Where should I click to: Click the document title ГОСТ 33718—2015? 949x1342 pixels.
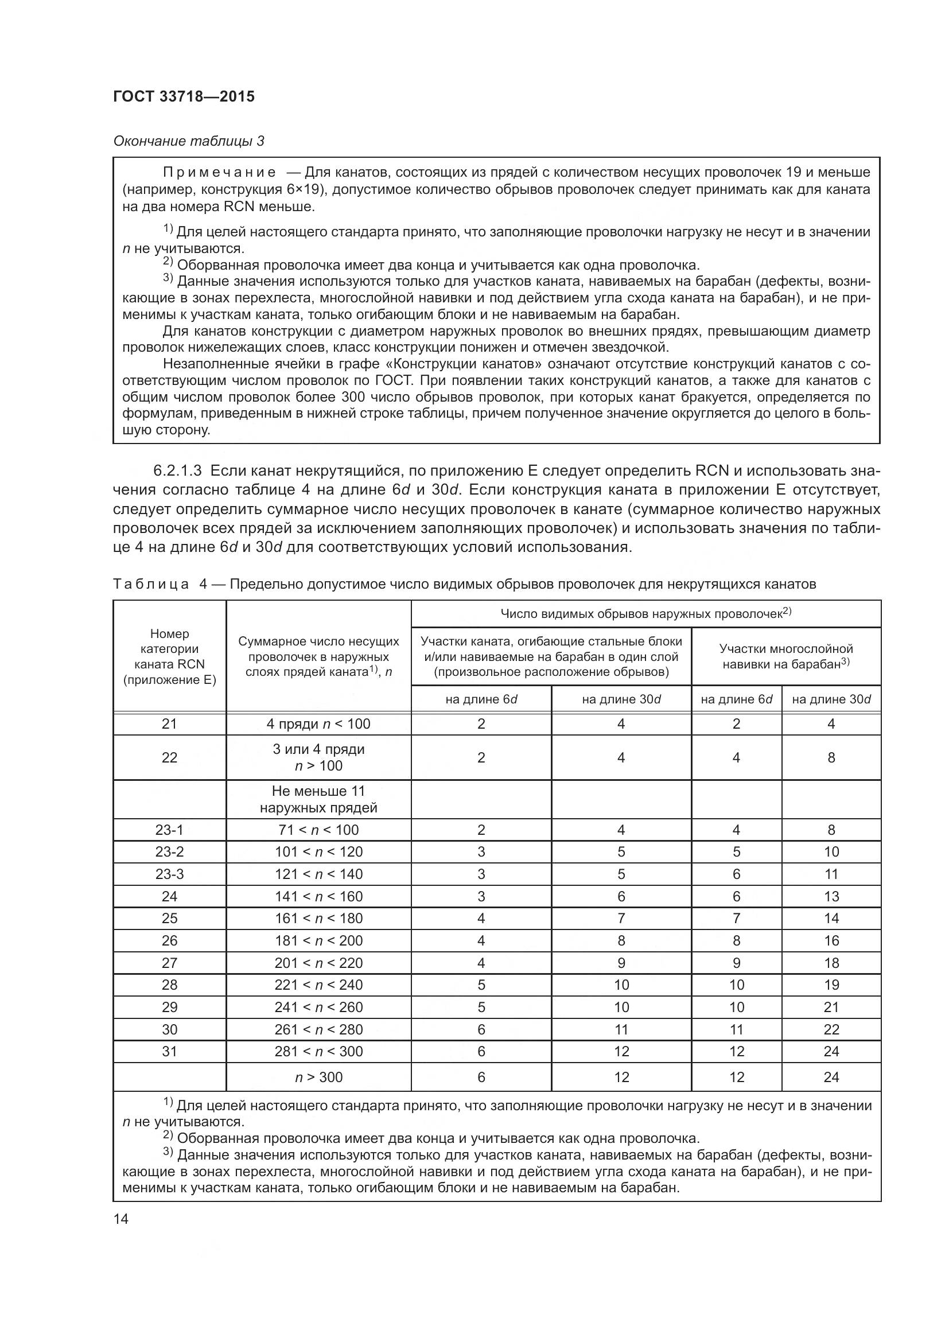click(x=184, y=97)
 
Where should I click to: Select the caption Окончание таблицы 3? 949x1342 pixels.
click(x=188, y=142)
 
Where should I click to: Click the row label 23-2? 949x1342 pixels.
click(x=169, y=851)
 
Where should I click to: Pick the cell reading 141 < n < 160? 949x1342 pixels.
click(x=318, y=896)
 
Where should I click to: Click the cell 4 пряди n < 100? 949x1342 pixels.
click(x=318, y=723)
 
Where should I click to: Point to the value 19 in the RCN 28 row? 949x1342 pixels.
click(x=831, y=985)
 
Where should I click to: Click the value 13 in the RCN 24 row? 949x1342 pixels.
click(x=831, y=896)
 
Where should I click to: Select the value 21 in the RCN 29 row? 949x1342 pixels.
click(x=831, y=1007)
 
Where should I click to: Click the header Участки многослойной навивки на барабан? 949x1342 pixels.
click(x=785, y=656)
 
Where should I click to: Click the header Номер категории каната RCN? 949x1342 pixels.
click(x=169, y=656)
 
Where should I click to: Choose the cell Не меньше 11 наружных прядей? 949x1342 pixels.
click(x=318, y=799)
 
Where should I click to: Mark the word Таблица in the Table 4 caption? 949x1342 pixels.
click(x=151, y=584)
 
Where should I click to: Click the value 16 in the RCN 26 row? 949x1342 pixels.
click(x=831, y=940)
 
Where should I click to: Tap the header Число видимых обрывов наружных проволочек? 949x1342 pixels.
click(x=645, y=614)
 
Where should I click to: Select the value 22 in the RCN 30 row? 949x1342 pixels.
click(x=831, y=1029)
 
